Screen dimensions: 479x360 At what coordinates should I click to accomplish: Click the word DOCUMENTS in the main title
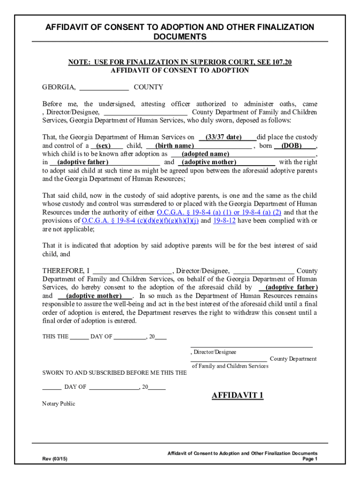click(180, 37)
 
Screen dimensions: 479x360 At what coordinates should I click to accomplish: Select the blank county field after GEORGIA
click(104, 87)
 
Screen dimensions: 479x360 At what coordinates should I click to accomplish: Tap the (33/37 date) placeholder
click(227, 138)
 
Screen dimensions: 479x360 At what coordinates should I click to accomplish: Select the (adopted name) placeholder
click(205, 154)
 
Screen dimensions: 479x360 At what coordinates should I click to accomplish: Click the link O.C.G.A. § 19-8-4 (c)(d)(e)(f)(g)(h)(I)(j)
click(140, 221)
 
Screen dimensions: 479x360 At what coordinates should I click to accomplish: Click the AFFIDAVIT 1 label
click(238, 396)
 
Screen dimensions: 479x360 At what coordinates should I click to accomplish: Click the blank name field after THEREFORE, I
click(132, 271)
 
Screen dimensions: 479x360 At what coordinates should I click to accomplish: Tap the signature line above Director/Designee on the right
click(252, 346)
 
